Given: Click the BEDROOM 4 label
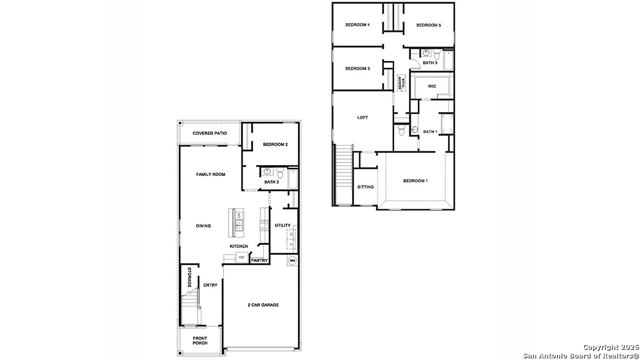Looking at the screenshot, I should coord(357,25).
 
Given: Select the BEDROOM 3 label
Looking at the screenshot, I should coord(357,69).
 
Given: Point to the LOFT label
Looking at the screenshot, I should coord(362,117).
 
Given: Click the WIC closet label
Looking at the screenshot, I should coord(432,87).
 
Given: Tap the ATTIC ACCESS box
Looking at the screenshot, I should coord(401,82).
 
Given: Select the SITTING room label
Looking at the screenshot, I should coord(365,187).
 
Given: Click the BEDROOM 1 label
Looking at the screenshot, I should coord(415,181).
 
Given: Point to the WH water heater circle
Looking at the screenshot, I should coord(292,260).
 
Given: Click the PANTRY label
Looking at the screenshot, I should coord(259,260).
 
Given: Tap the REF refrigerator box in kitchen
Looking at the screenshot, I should coord(241,258).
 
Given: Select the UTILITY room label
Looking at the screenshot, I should coord(283,225).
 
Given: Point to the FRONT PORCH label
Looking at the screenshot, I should coord(200,341).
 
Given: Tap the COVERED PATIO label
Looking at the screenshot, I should coord(210,133).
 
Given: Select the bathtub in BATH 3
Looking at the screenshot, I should coord(448,61).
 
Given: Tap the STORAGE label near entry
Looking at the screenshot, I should coord(190,277).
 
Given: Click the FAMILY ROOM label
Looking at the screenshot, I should coord(211,174).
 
